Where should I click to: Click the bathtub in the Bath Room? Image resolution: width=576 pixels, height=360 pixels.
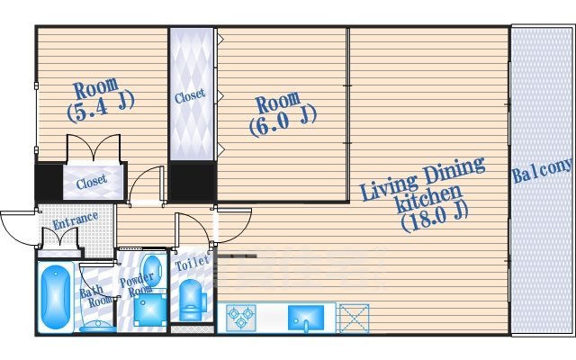[56, 297]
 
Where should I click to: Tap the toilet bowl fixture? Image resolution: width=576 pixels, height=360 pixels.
[192, 300]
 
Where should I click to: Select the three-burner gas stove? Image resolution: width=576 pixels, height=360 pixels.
[241, 318]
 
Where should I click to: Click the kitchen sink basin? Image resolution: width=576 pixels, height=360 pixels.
[306, 318]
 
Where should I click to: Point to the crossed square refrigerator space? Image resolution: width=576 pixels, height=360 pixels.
[354, 318]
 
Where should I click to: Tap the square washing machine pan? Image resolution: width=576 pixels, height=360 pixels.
[150, 310]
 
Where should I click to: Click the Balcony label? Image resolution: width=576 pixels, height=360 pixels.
[543, 170]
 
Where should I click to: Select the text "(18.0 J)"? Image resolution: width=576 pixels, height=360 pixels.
[435, 218]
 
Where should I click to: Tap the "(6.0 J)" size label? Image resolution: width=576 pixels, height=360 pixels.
[283, 121]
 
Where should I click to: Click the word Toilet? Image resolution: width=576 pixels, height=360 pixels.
[192, 263]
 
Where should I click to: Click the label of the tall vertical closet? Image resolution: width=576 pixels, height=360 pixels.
[190, 96]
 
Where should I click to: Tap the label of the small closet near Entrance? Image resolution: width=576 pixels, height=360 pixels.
[92, 181]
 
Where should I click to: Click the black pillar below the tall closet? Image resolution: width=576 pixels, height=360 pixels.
[192, 181]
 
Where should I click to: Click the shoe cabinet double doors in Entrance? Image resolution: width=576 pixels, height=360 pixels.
[60, 238]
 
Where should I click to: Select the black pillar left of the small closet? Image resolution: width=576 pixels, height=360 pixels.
[49, 182]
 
